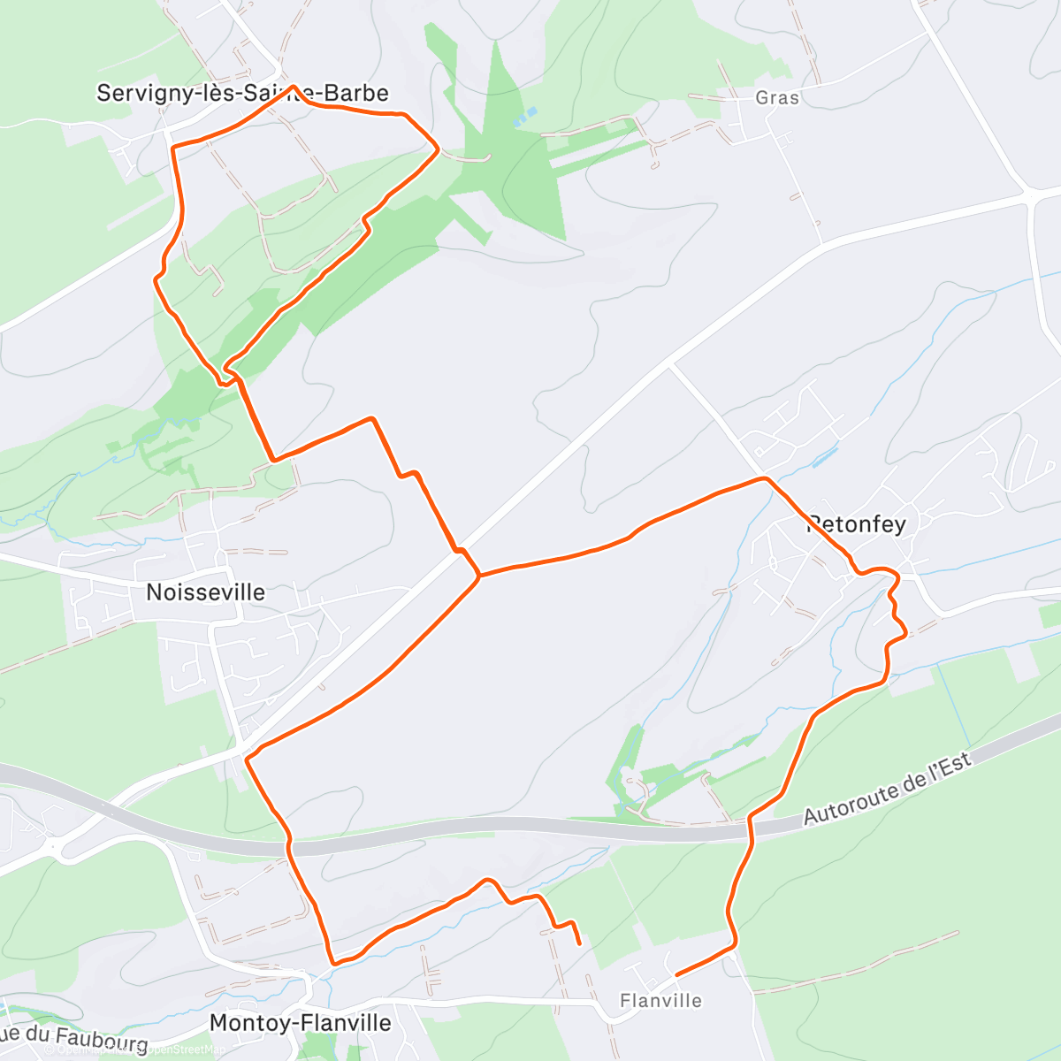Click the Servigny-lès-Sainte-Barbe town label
point(242,93)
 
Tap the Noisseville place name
point(205,592)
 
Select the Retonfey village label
point(856,524)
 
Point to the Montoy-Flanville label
point(300,1023)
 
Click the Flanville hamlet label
point(660,1001)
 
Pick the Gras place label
point(777,97)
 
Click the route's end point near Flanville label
point(676,974)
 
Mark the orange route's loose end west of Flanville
point(579,943)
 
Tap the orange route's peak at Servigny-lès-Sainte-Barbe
point(292,87)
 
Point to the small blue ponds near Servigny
point(527,116)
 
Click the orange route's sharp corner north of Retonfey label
point(765,478)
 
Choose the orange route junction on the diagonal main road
point(478,576)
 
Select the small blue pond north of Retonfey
point(824,456)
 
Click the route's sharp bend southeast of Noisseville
point(247,759)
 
